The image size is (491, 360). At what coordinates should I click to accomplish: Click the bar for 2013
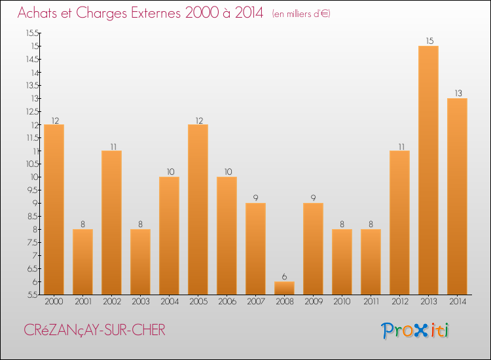(428, 170)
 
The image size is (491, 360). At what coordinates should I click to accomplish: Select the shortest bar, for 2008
(284, 288)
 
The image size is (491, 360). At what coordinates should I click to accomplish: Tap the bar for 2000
(54, 209)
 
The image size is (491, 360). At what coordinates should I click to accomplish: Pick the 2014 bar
(457, 196)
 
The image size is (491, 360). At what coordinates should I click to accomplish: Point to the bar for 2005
(198, 209)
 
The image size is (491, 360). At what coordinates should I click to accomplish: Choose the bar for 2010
(342, 262)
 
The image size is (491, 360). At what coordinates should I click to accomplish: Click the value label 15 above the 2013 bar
(428, 41)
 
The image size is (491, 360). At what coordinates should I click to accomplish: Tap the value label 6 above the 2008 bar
(284, 277)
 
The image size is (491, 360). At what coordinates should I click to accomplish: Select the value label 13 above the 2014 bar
(457, 94)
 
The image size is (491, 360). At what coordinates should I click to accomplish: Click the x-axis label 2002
(111, 302)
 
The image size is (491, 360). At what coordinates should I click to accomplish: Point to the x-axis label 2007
(255, 302)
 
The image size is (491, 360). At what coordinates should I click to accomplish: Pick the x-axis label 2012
(399, 302)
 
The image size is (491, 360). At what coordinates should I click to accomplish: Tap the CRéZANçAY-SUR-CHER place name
(94, 331)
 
